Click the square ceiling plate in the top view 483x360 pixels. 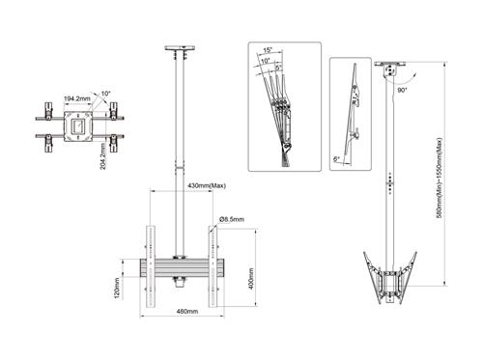pos(77,126)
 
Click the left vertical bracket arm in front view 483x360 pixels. pos(149,265)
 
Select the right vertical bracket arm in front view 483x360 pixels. pos(209,265)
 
